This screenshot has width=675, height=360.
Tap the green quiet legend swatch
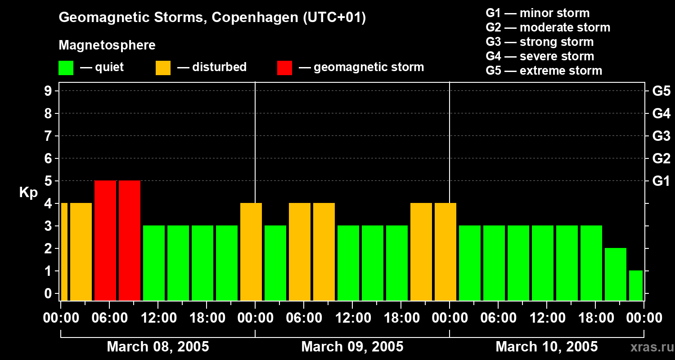66,68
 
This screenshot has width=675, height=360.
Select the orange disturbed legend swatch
163,68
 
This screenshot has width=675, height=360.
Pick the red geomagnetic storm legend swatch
284,68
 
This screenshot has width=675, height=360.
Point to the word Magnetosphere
107,45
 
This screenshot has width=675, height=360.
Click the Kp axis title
28,193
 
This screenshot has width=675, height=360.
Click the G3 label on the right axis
661,136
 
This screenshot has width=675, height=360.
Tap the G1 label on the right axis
661,181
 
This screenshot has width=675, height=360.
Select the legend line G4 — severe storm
540,56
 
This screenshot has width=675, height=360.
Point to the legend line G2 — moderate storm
548,27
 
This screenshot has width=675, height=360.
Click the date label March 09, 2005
352,347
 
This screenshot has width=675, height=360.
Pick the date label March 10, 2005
546,347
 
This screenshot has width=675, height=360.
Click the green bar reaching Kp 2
615,274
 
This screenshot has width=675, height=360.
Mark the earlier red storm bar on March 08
105,240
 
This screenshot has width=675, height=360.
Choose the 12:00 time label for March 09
352,318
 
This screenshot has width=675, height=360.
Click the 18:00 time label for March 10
595,318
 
